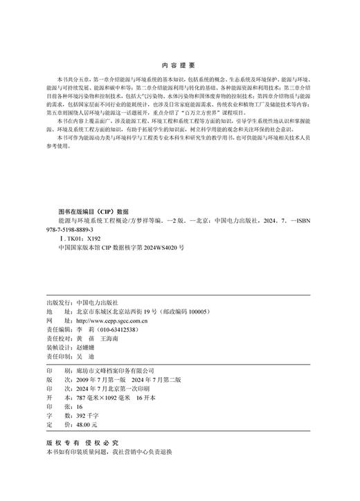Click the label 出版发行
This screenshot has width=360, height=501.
[x=57, y=303]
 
